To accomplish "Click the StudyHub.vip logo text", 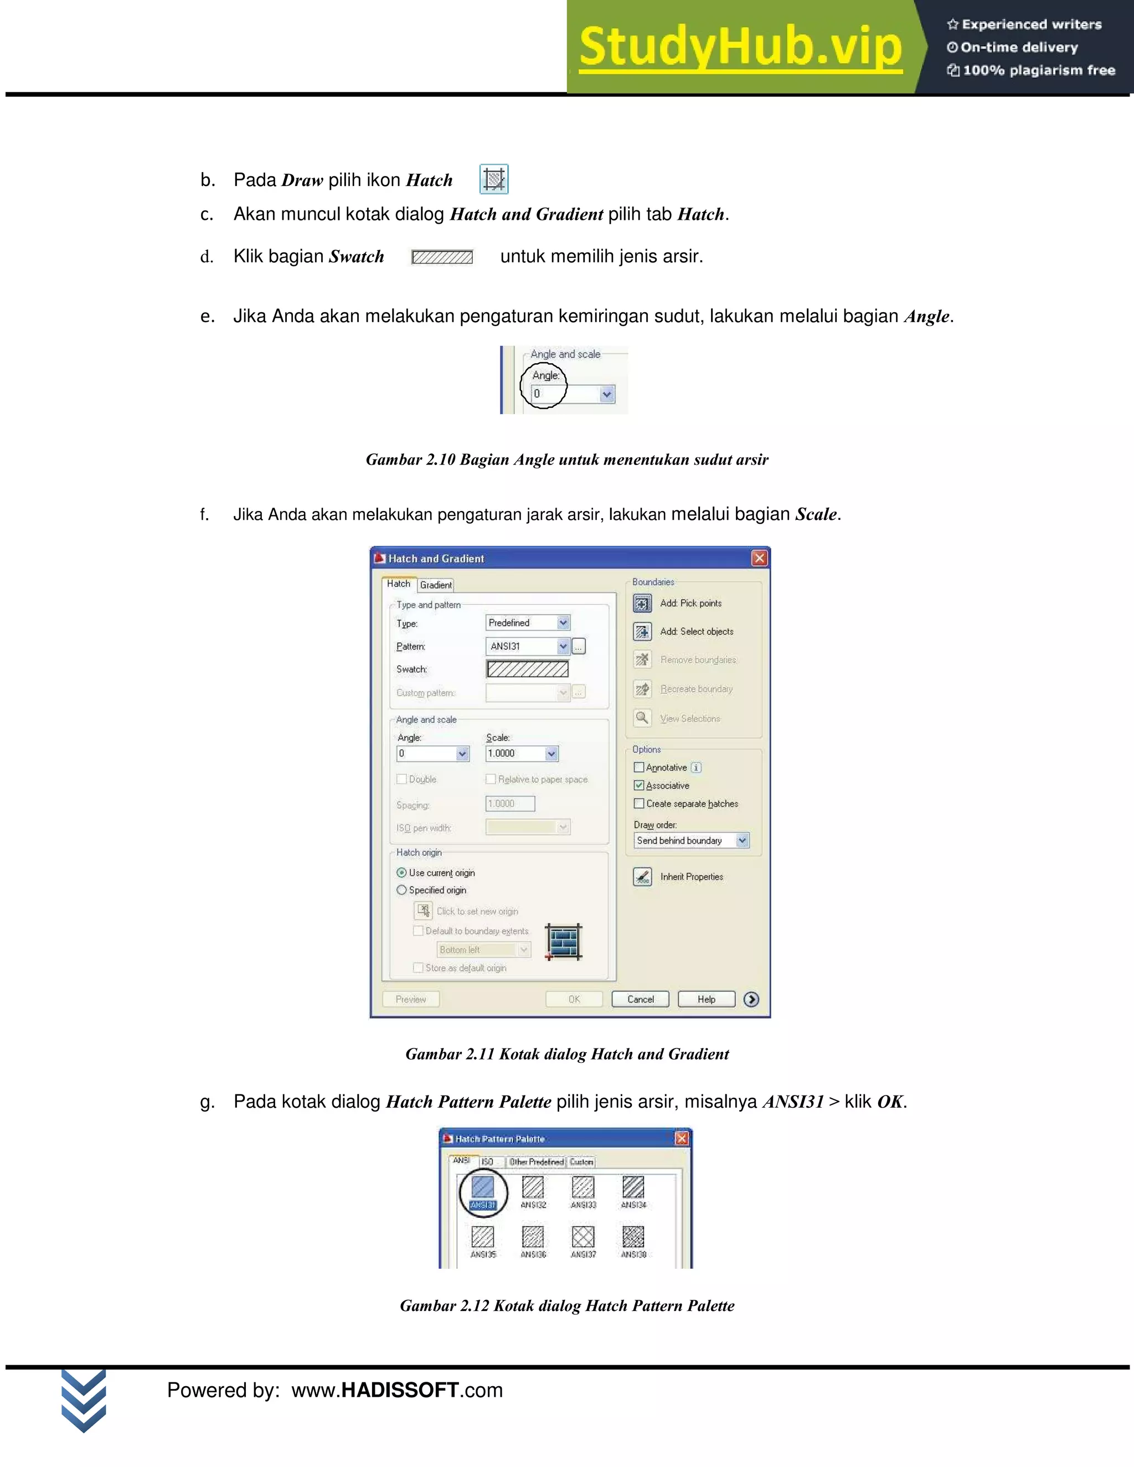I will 740,47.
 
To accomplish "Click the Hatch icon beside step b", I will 494,179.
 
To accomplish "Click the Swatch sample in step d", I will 442,257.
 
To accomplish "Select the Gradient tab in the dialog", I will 435,585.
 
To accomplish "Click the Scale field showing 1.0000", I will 514,753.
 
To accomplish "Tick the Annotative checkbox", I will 639,767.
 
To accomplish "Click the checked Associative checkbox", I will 639,785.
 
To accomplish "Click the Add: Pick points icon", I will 642,603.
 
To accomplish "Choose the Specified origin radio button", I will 402,890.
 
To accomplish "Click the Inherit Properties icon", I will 642,876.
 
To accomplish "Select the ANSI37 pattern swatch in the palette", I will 583,1237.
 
